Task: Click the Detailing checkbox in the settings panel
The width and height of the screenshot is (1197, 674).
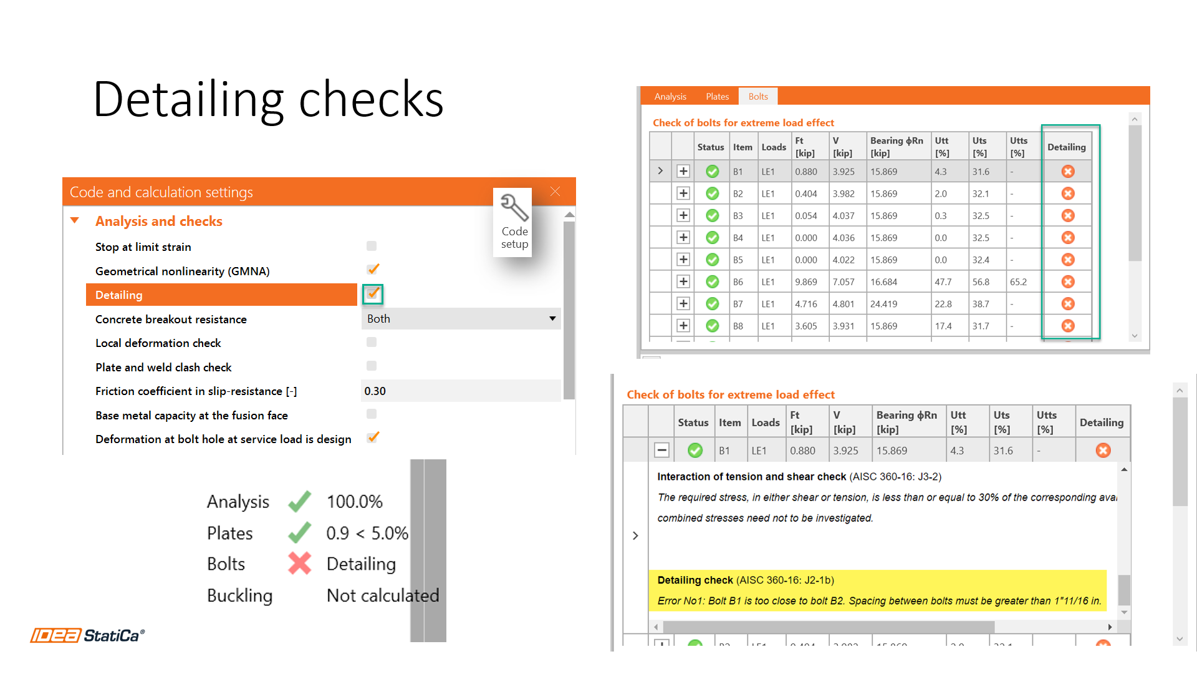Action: pyautogui.click(x=373, y=294)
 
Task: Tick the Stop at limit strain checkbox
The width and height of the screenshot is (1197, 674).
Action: pyautogui.click(x=372, y=247)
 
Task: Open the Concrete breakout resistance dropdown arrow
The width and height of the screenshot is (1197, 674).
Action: pyautogui.click(x=552, y=319)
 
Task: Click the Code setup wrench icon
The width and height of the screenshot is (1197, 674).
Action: pyautogui.click(x=514, y=208)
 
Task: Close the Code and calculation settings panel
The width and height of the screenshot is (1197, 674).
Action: pyautogui.click(x=555, y=192)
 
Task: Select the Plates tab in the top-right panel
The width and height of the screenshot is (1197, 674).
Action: pyautogui.click(x=717, y=97)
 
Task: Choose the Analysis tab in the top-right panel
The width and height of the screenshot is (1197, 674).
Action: pyautogui.click(x=670, y=97)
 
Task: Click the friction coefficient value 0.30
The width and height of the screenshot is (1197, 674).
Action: pyautogui.click(x=375, y=391)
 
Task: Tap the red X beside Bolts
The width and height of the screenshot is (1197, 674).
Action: pyautogui.click(x=300, y=564)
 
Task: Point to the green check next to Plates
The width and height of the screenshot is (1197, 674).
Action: pyautogui.click(x=300, y=533)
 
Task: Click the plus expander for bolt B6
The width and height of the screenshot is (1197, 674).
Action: pyautogui.click(x=683, y=282)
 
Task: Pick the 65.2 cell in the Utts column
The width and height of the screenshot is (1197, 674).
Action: pyautogui.click(x=1018, y=282)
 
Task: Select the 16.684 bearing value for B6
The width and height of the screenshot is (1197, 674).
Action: pyautogui.click(x=883, y=282)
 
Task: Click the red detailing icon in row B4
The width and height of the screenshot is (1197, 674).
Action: pyautogui.click(x=1068, y=238)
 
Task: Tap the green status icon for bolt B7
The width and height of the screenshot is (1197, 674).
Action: pyautogui.click(x=712, y=304)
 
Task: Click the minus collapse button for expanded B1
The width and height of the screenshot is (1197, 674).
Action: pyautogui.click(x=662, y=450)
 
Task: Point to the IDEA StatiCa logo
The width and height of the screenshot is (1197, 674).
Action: pyautogui.click(x=88, y=635)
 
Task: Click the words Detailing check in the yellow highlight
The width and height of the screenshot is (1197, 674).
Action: pyautogui.click(x=695, y=580)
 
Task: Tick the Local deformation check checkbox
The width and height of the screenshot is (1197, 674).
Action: pyautogui.click(x=372, y=343)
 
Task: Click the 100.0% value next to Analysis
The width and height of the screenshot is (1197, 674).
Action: pyautogui.click(x=354, y=502)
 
